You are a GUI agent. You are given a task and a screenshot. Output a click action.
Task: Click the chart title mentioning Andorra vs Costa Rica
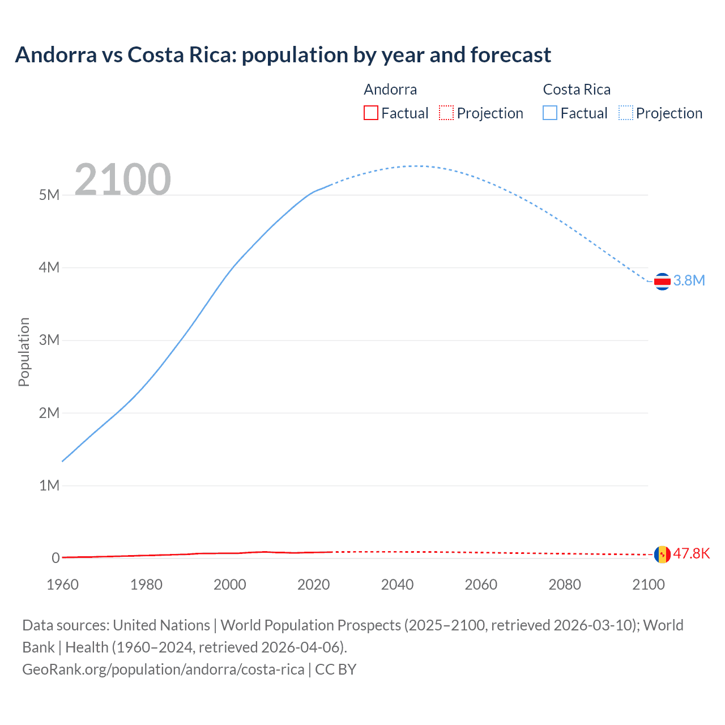coord(283,55)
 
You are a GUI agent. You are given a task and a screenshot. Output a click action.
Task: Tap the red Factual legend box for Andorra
coord(370,113)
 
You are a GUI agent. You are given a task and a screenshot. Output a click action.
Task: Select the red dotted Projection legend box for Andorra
coord(446,113)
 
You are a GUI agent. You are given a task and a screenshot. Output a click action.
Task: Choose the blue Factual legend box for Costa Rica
coord(550,113)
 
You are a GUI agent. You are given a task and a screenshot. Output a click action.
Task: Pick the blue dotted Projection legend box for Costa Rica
coord(625,113)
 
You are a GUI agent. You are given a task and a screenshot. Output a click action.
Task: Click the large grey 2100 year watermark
coord(122,180)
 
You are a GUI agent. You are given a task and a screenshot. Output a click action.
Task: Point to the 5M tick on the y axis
coord(49,195)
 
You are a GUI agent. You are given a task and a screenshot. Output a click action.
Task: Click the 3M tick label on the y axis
coord(49,340)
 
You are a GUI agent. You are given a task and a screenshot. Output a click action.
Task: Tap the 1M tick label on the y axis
coord(49,486)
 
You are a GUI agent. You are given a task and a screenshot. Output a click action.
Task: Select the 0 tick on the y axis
coord(56,558)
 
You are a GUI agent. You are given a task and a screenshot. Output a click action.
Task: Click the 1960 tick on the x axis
coord(62,585)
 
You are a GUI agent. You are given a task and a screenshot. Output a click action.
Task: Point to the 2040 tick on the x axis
coord(397,585)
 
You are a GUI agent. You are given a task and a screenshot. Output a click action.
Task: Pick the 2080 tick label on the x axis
coord(565,585)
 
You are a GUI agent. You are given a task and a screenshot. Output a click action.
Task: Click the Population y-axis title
coord(24,352)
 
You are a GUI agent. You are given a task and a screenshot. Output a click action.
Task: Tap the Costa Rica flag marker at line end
coord(662,282)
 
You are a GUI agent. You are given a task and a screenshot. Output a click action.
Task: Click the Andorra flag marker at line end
coord(662,555)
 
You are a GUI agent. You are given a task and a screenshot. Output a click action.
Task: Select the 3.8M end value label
coord(689,281)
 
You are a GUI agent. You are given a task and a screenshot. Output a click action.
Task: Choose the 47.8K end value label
coord(691,554)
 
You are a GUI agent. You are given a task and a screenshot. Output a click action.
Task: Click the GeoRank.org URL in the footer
coord(163,669)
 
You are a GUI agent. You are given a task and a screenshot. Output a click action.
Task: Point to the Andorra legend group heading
coord(390,89)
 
